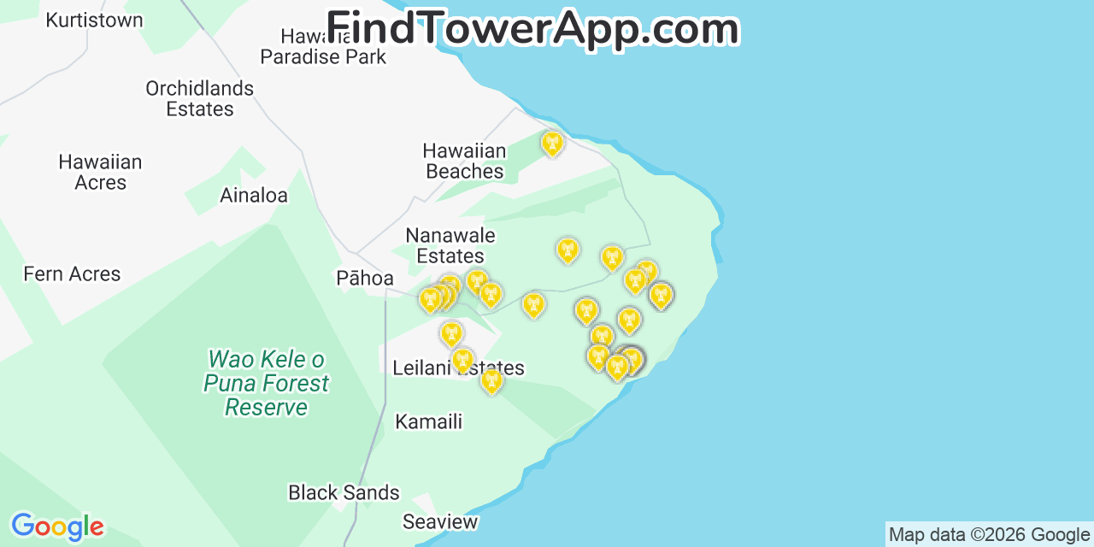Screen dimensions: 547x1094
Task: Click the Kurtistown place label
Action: click(94, 20)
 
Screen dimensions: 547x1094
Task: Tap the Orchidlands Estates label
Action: click(199, 98)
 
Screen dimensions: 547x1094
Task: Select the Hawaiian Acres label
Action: click(100, 172)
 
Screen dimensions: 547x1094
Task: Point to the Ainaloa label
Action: click(254, 195)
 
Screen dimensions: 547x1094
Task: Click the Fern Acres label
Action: click(72, 273)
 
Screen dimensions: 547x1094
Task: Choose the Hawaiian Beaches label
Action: click(464, 161)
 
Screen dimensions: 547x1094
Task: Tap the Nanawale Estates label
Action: click(450, 245)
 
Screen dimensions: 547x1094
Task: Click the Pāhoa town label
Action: click(365, 278)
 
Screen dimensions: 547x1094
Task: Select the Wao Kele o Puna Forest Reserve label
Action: click(266, 383)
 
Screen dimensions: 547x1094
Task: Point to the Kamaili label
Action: click(428, 421)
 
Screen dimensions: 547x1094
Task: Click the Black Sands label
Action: click(344, 492)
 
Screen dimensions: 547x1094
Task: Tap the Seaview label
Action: click(440, 521)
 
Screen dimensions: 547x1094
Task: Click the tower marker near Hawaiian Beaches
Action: click(553, 143)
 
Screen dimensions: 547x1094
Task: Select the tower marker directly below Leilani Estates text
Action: click(491, 380)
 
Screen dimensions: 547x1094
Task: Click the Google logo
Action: click(57, 526)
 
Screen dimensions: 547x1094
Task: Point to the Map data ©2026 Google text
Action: click(989, 535)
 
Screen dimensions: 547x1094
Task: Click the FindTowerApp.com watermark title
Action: click(532, 28)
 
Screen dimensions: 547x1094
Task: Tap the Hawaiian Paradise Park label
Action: click(323, 47)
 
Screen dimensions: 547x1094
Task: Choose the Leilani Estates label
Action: click(458, 368)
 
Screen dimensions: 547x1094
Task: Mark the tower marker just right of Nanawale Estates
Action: click(568, 250)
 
